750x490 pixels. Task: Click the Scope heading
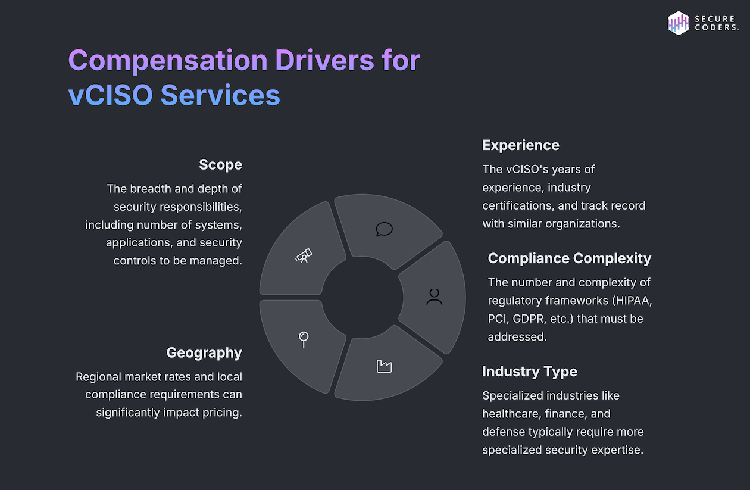(220, 164)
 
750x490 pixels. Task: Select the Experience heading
(521, 145)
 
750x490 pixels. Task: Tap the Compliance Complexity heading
(570, 258)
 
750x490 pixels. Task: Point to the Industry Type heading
(530, 372)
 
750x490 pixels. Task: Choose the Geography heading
(204, 352)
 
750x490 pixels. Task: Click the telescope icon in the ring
(304, 255)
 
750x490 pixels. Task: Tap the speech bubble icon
(385, 229)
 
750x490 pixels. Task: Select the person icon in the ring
(434, 297)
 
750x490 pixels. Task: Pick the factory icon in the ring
(385, 366)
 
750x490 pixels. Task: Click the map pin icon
(304, 339)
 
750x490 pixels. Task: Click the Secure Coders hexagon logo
(678, 23)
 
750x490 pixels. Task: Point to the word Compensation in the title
(167, 61)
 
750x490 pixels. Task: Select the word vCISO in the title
(110, 95)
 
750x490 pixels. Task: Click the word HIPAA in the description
(633, 300)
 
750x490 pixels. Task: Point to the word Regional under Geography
(99, 377)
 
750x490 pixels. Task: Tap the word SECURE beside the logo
(715, 18)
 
